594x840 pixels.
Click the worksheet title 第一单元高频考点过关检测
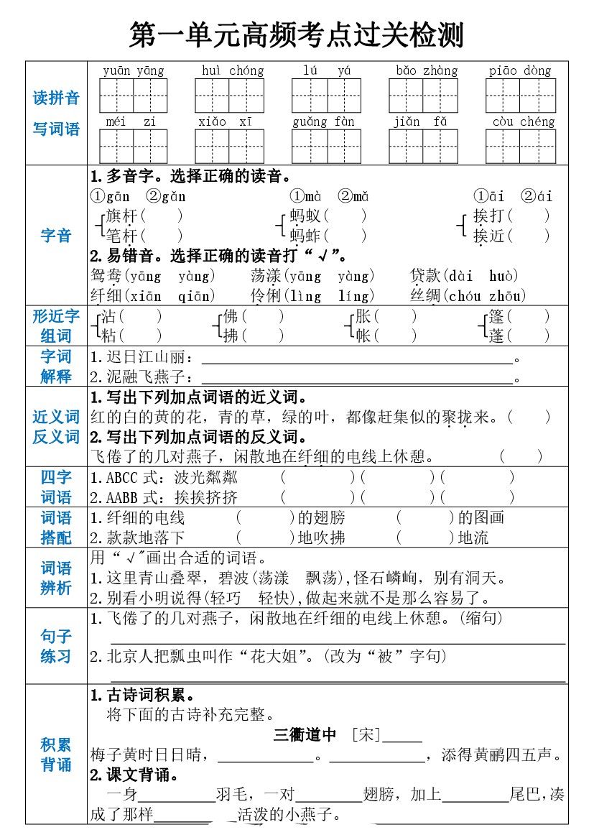[297, 34]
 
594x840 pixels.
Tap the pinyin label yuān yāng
[133, 70]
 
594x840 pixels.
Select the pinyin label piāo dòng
[520, 70]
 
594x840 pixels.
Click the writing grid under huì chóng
[229, 96]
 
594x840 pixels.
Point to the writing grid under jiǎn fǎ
[422, 146]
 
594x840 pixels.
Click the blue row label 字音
[56, 236]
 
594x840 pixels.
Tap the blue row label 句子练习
[56, 645]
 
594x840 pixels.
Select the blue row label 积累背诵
[56, 754]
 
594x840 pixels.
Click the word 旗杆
[121, 216]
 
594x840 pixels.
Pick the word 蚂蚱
[306, 236]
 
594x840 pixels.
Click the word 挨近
[490, 236]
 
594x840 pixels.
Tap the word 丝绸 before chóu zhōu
[425, 295]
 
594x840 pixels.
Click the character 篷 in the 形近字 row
[496, 316]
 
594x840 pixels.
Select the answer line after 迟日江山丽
[357, 357]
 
